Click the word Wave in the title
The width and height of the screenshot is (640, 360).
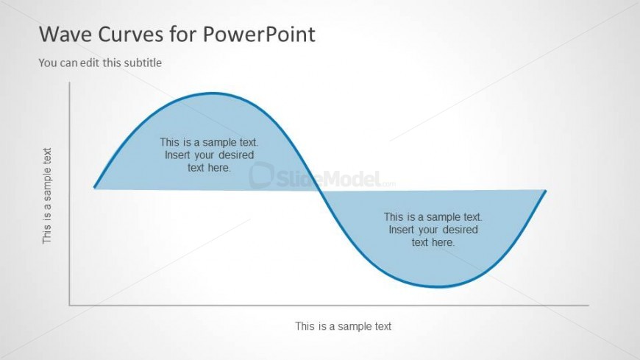pyautogui.click(x=65, y=34)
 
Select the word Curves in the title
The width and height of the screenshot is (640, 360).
pyautogui.click(x=131, y=34)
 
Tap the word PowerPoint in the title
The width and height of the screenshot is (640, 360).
pyautogui.click(x=259, y=34)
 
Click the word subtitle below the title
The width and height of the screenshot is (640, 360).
pyautogui.click(x=143, y=63)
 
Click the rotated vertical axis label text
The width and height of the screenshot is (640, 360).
pyautogui.click(x=47, y=196)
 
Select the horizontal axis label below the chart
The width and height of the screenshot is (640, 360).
pyautogui.click(x=344, y=326)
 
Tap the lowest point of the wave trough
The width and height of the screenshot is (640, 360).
pyautogui.click(x=438, y=286)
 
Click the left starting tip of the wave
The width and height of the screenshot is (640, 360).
pyautogui.click(x=95, y=188)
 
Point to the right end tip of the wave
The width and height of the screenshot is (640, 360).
pyautogui.click(x=546, y=191)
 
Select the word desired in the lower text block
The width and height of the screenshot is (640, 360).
pyautogui.click(x=461, y=230)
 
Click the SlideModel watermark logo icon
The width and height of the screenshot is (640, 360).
pyautogui.click(x=261, y=175)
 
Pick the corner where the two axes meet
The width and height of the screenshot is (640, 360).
pyautogui.click(x=70, y=305)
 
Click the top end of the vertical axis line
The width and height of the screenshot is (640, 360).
pyautogui.click(x=69, y=82)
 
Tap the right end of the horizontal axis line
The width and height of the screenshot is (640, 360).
pyautogui.click(x=589, y=305)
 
